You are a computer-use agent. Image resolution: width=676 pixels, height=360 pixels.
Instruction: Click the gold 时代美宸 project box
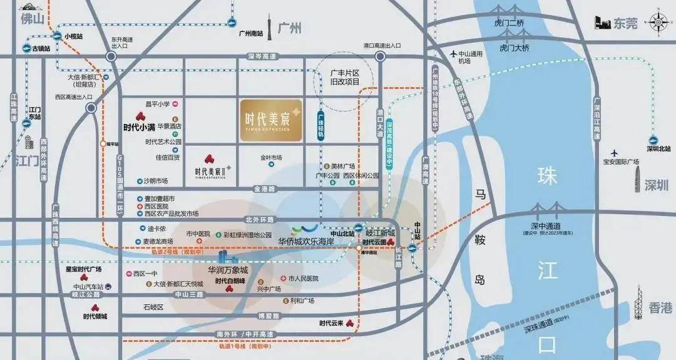click(270, 119)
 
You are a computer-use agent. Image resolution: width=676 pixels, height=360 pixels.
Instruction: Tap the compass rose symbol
click(658, 23)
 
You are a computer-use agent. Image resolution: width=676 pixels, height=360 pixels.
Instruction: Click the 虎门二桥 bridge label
click(508, 23)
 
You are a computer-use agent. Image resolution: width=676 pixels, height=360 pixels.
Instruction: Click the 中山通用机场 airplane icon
click(454, 54)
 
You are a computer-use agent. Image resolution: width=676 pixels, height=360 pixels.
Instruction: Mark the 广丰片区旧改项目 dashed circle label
click(345, 77)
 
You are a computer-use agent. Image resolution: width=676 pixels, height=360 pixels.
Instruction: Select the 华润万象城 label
click(228, 270)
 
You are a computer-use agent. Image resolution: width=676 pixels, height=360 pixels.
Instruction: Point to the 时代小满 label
click(139, 126)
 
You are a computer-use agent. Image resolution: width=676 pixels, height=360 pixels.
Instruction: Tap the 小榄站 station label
click(73, 36)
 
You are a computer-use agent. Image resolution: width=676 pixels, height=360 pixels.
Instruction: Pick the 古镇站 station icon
click(27, 49)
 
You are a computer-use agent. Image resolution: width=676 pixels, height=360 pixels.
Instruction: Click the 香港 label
click(660, 307)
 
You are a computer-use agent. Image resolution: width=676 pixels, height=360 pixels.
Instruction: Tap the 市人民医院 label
click(304, 278)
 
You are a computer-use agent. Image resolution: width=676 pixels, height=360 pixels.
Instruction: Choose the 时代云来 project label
click(331, 323)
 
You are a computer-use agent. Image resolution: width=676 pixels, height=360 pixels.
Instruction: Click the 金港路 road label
click(265, 188)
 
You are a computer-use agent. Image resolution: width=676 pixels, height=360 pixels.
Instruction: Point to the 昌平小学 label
click(158, 104)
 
